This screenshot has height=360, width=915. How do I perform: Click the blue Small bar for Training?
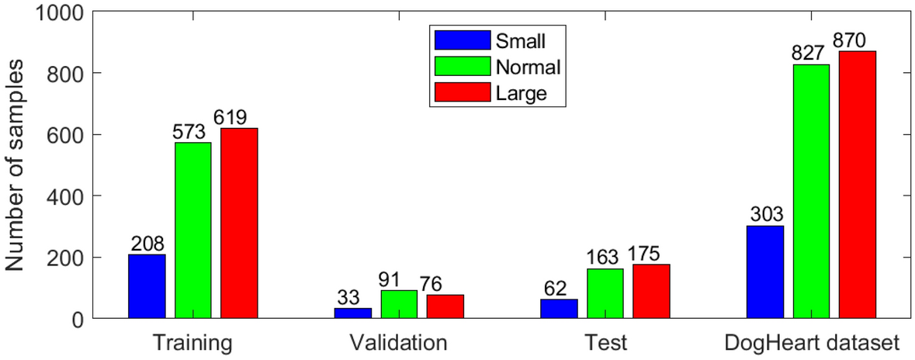147,286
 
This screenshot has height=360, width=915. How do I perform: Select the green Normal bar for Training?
192,230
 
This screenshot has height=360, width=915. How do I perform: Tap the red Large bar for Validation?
445,306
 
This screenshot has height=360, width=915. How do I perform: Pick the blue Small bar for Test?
559,309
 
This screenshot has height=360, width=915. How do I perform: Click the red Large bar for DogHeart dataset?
857,185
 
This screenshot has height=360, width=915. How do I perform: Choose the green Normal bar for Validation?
399,304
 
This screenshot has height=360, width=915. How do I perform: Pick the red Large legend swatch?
463,94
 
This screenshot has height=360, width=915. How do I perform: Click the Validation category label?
398,342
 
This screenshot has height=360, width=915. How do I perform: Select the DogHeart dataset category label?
811,342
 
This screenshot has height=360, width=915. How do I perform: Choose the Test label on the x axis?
605,342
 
